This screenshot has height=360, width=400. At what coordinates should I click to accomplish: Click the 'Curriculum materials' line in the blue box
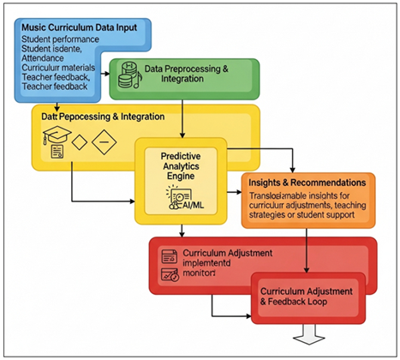tap(57, 66)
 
